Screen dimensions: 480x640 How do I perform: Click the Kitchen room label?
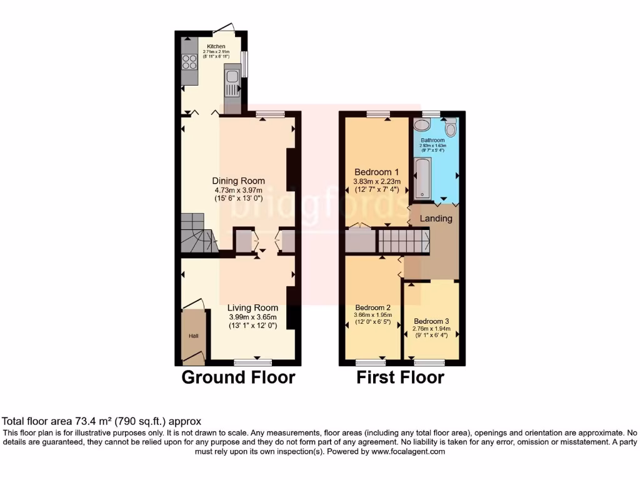(216, 46)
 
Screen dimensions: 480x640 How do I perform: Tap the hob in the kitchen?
(189, 62)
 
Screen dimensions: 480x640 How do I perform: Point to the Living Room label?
(252, 307)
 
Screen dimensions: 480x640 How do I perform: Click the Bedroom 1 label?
(376, 172)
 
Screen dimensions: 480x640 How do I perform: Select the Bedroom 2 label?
(373, 307)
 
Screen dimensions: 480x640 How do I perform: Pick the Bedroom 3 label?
(431, 321)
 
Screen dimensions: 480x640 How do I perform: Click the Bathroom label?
(432, 140)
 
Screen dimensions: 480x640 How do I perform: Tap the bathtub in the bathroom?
(423, 177)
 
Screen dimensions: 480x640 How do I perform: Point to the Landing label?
(436, 219)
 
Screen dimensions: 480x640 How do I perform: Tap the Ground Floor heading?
(238, 377)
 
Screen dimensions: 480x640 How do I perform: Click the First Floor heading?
(400, 377)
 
